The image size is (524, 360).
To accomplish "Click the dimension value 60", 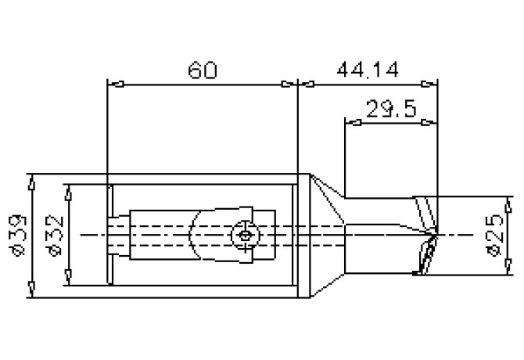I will (203, 70).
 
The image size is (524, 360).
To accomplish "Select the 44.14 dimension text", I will (368, 70).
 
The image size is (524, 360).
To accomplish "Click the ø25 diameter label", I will (493, 235).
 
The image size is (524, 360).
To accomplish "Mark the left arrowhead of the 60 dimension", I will (112, 83).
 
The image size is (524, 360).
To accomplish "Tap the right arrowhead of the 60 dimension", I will (292, 83).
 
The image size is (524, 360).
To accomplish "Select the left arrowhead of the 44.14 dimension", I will (305, 83).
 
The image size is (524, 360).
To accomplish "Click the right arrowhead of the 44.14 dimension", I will (430, 83).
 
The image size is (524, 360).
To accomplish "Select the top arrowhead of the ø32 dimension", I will (67, 191).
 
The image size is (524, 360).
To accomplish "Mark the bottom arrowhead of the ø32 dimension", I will (67, 279).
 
